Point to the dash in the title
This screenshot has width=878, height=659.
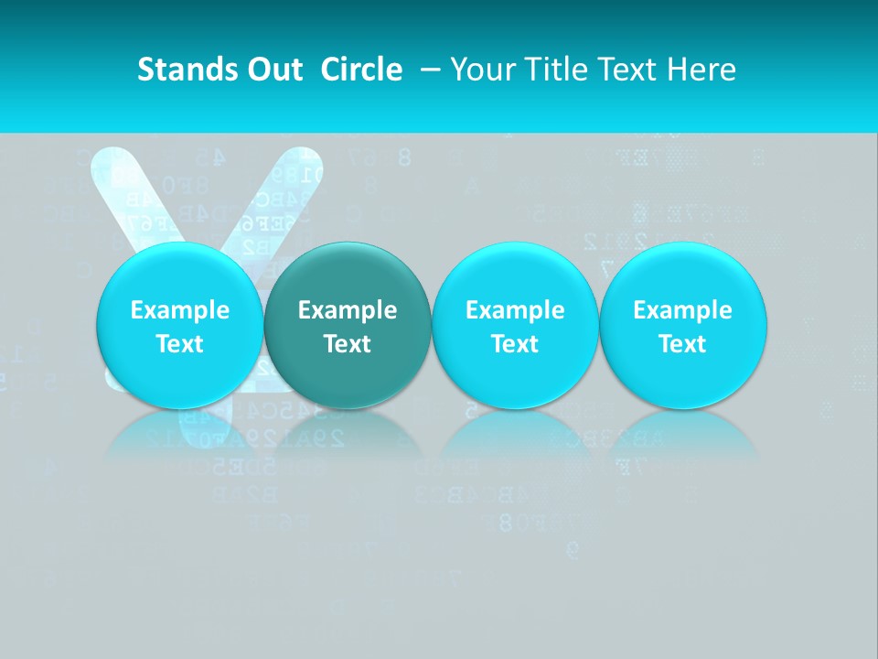click(x=432, y=70)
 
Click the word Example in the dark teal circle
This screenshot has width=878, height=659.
click(x=347, y=310)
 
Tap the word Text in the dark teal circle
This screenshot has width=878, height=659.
click(x=347, y=344)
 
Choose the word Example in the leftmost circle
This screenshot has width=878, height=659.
click(x=179, y=310)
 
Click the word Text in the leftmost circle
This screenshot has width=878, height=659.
click(x=179, y=344)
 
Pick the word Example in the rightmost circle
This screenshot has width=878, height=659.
click(x=682, y=310)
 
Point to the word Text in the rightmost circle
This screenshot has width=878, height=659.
click(x=682, y=344)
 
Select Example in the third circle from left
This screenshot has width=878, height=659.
click(x=515, y=310)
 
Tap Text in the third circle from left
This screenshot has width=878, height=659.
click(x=515, y=344)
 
